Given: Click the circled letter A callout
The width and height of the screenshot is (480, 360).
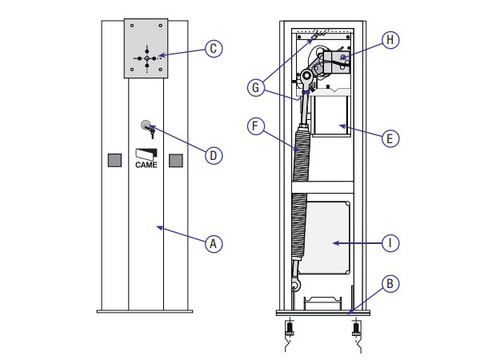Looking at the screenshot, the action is point(214,244).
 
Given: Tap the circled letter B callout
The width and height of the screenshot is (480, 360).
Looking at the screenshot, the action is point(390,283).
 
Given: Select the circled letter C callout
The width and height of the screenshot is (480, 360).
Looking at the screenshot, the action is point(214,48).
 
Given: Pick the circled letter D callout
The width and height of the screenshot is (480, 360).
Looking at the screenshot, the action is point(214,155).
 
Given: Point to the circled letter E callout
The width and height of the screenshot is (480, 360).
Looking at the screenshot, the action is point(390,138).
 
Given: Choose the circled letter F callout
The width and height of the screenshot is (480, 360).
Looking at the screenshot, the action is point(256,126).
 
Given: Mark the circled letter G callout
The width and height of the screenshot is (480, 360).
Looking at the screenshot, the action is point(256,87).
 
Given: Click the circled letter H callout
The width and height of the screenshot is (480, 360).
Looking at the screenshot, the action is point(390,40).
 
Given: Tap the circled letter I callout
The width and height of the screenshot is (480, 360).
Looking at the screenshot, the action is point(390,243).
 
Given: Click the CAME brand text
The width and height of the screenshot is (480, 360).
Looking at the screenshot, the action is point(146,165).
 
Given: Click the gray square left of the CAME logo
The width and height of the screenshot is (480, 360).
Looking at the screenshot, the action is point(114,161).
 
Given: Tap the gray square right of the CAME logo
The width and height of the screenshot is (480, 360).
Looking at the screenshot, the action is point(176,161).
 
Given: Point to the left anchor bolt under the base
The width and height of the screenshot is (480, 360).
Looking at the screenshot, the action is point(290,329).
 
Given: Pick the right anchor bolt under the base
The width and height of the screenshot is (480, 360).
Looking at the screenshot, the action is point(356,329).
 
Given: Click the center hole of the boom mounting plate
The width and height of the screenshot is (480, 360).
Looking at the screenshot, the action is point(147,58).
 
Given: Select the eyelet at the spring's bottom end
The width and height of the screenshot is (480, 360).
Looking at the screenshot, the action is point(296,286).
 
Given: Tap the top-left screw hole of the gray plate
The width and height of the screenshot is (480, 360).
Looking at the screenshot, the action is point(132,26).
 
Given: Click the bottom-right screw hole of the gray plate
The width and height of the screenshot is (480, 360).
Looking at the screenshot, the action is point(161,70).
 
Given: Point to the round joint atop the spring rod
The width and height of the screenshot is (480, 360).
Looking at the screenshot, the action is point(306,75).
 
